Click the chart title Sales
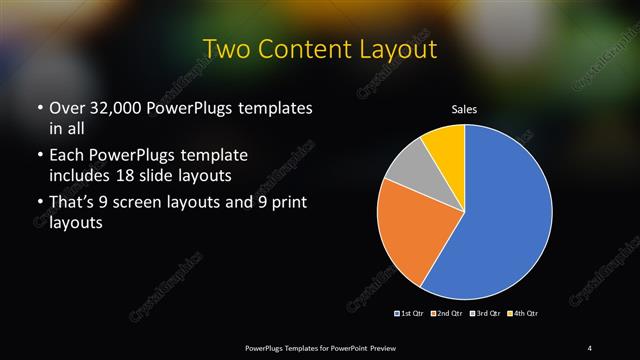464,108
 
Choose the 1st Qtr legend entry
411,314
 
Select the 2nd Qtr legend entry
445,314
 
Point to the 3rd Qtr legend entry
484,314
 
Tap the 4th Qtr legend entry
522,314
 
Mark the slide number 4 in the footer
590,347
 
